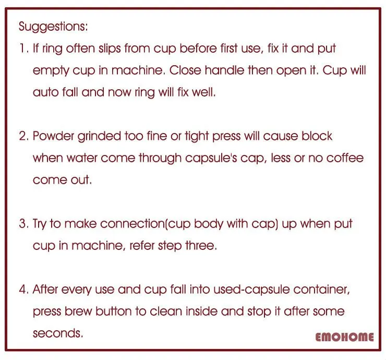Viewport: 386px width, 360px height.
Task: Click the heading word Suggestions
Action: [53, 26]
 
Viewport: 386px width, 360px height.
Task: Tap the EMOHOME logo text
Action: [344, 337]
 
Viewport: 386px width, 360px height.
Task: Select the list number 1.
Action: [22, 49]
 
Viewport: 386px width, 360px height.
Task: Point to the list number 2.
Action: [23, 136]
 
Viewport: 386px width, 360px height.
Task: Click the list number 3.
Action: [23, 224]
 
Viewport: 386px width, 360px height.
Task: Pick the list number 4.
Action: [23, 289]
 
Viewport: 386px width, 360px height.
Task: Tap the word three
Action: [200, 245]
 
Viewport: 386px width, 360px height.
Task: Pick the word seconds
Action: [57, 333]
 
